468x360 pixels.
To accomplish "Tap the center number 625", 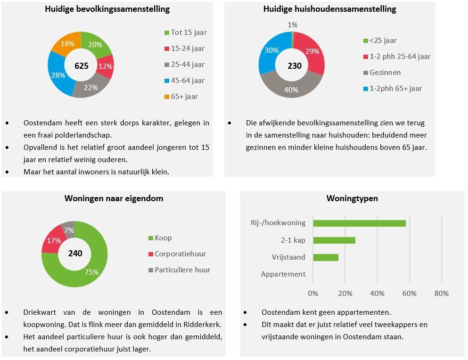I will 82,65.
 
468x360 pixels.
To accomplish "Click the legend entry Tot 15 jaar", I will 189,33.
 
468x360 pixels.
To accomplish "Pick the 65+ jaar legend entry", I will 184,97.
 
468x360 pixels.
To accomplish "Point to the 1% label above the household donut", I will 293,25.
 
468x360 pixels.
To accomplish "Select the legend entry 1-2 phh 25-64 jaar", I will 400,57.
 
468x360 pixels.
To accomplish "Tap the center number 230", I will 295,65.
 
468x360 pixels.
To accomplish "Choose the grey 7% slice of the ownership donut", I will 69,229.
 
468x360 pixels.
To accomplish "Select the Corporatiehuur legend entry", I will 181,254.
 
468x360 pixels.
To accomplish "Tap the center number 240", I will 75,254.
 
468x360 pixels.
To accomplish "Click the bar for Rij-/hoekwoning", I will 359,223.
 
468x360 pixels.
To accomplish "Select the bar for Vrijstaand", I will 326,257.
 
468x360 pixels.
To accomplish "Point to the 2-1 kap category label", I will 293,240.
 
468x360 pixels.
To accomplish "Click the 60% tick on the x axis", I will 409,294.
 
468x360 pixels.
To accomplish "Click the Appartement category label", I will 283,274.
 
